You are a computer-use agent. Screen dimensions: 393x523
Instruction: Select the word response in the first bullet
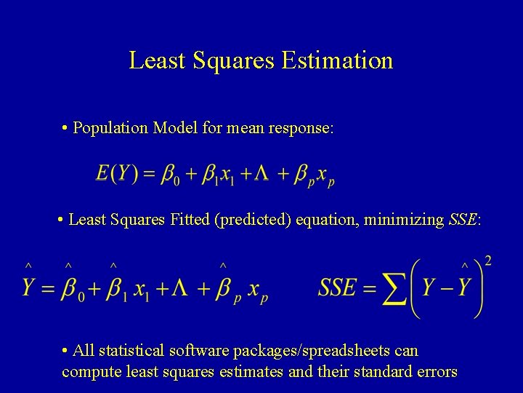click(x=300, y=129)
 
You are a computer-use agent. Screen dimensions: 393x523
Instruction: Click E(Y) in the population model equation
click(x=116, y=175)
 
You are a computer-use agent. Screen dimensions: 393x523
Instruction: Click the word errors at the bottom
click(x=435, y=372)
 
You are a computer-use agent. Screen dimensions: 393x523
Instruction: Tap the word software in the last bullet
click(x=198, y=351)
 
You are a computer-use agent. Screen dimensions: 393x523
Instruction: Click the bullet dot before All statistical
click(x=65, y=351)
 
